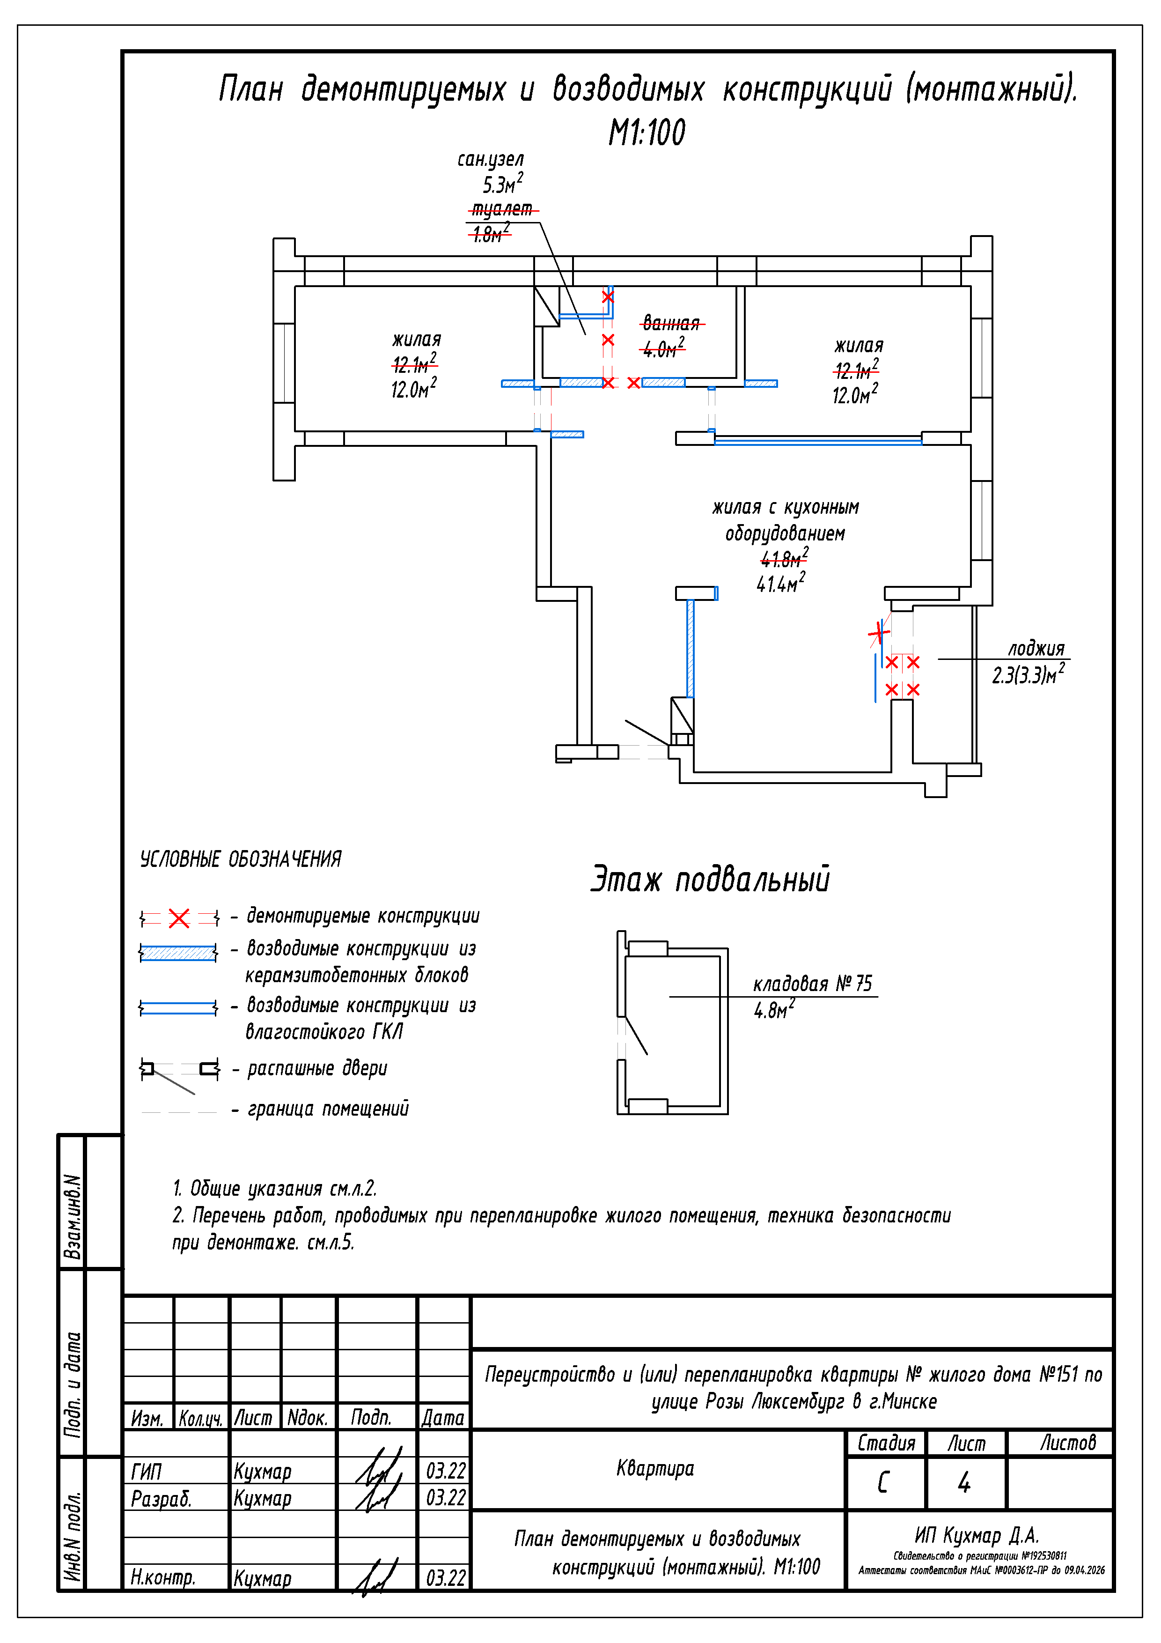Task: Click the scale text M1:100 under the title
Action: (647, 133)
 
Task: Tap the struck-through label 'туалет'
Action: (502, 209)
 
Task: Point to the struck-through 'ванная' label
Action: (670, 324)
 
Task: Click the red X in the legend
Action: (179, 918)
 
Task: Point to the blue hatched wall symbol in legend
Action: (178, 953)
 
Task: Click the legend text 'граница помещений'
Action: (328, 1109)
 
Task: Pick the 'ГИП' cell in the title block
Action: (147, 1471)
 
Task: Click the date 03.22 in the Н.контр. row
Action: (446, 1578)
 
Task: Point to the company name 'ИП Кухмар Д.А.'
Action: (977, 1535)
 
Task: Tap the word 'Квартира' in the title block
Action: (655, 1468)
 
